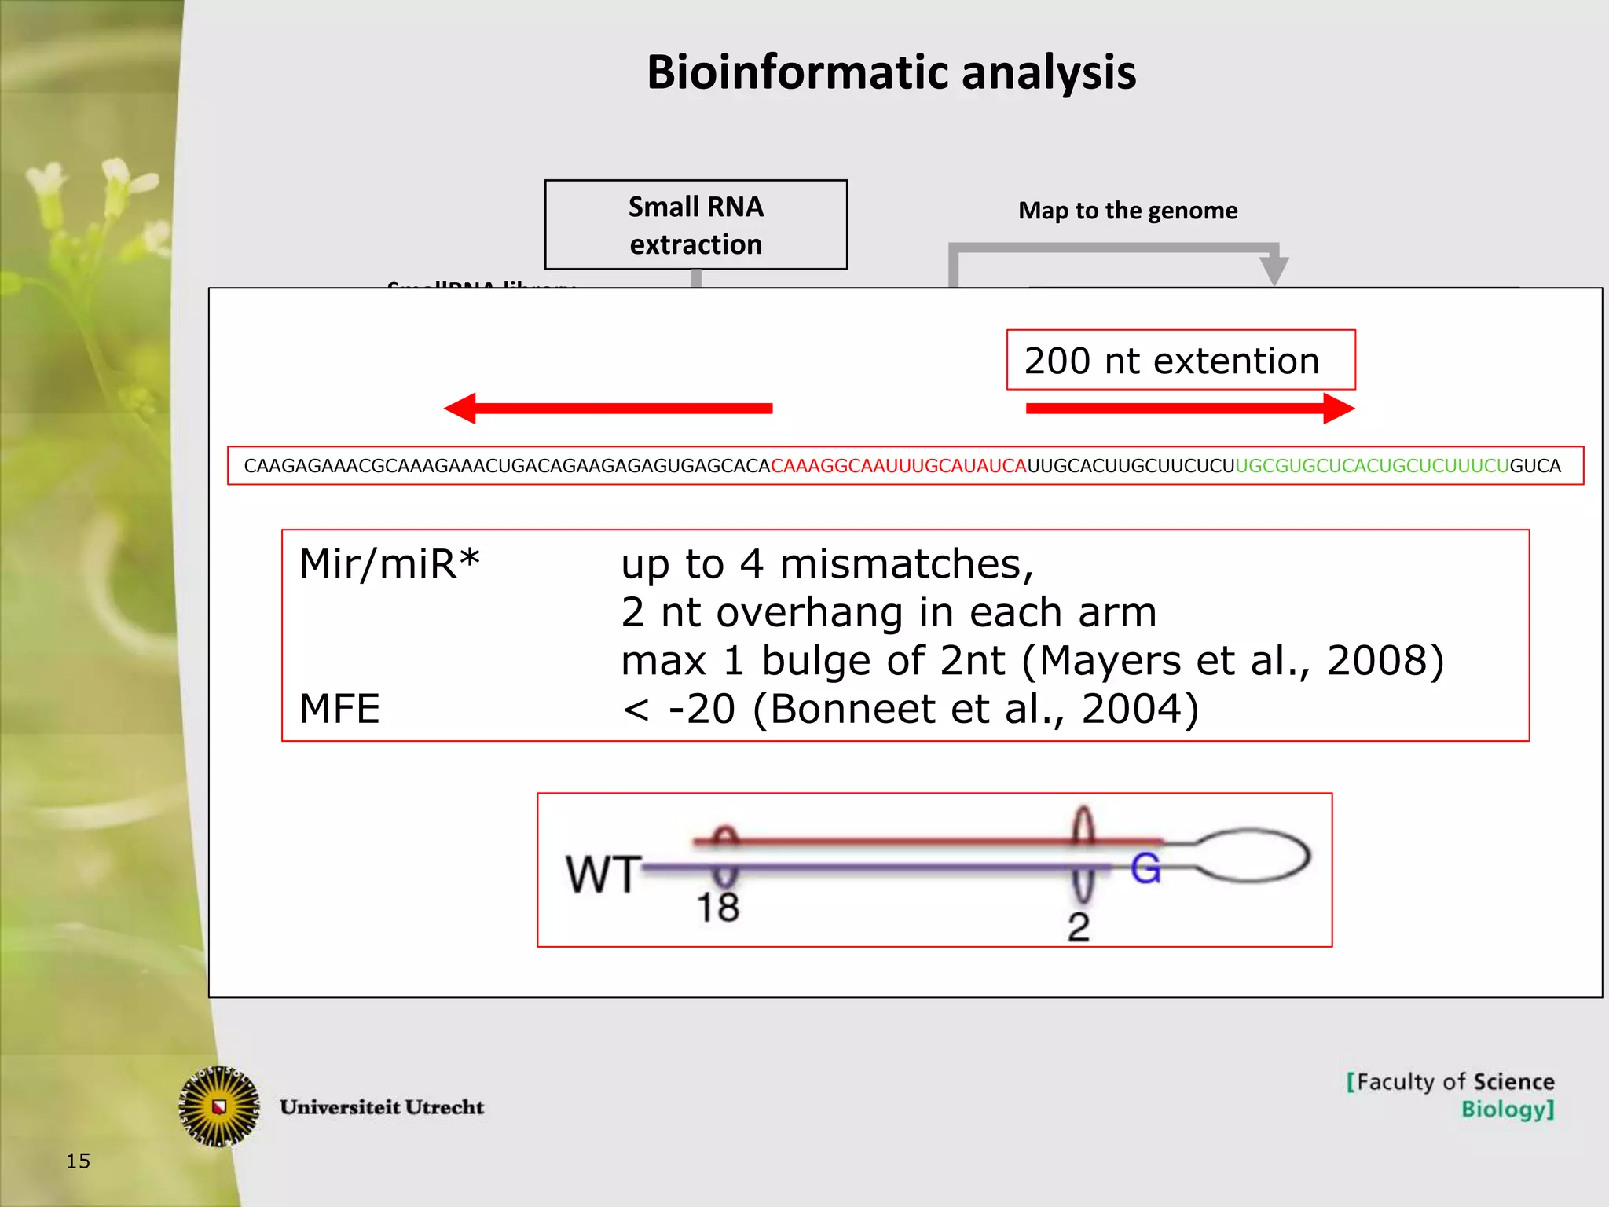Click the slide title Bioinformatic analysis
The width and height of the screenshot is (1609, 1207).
click(x=891, y=72)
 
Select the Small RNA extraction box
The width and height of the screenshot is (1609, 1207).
click(x=695, y=225)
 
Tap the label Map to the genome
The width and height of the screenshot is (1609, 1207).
click(x=1127, y=211)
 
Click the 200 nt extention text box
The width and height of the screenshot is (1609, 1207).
click(x=1180, y=361)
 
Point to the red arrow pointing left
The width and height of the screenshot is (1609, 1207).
click(x=608, y=409)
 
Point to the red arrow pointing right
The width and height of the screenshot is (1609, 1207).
click(x=1189, y=409)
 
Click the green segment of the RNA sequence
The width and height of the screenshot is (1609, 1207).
click(x=1372, y=466)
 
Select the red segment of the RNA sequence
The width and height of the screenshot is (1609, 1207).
click(x=898, y=466)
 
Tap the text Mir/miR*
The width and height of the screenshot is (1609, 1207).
click(x=389, y=564)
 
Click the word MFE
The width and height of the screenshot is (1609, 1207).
click(x=339, y=709)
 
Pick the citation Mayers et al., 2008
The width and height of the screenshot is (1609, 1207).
click(x=1233, y=661)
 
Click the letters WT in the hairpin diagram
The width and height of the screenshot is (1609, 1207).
click(x=603, y=874)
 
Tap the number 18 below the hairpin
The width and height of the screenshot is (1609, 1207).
click(x=717, y=908)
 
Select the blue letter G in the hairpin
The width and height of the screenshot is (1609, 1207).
click(x=1145, y=869)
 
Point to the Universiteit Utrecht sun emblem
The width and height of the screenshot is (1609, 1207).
click(x=220, y=1106)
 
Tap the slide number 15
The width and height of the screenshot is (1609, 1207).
click(x=78, y=1161)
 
